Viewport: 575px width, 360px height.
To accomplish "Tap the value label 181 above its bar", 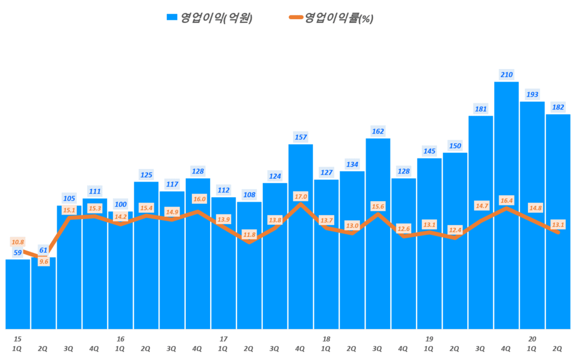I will pos(480,108).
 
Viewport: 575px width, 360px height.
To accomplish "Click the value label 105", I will pos(69,198).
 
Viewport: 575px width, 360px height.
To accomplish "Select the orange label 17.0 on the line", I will pos(300,197).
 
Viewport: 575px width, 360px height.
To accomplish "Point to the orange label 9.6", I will pos(43,261).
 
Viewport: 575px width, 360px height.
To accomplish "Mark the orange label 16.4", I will pos(506,200).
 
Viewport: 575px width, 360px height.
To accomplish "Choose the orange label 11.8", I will pos(249,234).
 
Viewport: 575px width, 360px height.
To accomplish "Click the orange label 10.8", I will pos(17,242).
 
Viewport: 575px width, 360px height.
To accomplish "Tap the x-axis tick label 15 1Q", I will pos(17,344).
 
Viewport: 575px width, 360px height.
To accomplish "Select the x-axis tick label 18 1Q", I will pos(326,344).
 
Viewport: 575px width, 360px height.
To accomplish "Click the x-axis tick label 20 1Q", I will pos(532,344).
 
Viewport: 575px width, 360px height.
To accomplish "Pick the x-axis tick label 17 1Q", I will pos(223,344).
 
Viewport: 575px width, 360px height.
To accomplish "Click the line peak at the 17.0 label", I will pos(300,203).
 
